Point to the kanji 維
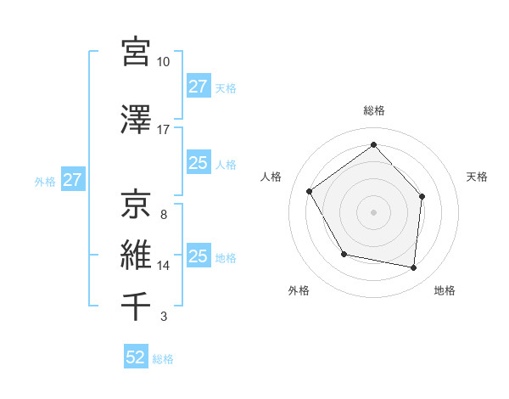[x=136, y=255]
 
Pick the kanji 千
[x=136, y=306]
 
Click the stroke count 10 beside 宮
[x=163, y=62]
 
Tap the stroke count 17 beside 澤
[x=163, y=130]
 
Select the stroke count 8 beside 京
[x=163, y=214]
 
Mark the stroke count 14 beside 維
[x=163, y=266]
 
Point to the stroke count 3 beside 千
[x=163, y=318]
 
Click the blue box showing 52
[x=136, y=357]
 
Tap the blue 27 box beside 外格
[x=72, y=181]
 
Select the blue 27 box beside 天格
[x=199, y=87]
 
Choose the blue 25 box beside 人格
[x=199, y=163]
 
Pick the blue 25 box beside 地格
[x=199, y=256]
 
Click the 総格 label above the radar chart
[x=373, y=110]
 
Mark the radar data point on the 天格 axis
[x=422, y=196]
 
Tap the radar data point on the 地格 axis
[x=414, y=268]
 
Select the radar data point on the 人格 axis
[x=310, y=191]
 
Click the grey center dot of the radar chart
[x=373, y=211]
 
